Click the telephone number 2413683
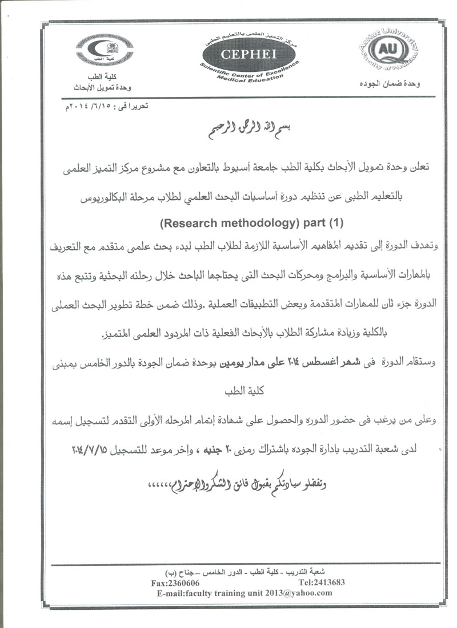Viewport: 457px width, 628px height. (x=315, y=583)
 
